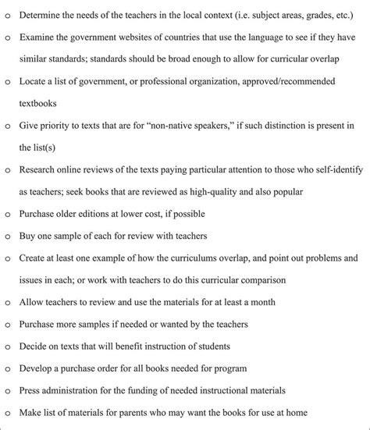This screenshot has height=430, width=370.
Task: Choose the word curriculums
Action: click(190, 256)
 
